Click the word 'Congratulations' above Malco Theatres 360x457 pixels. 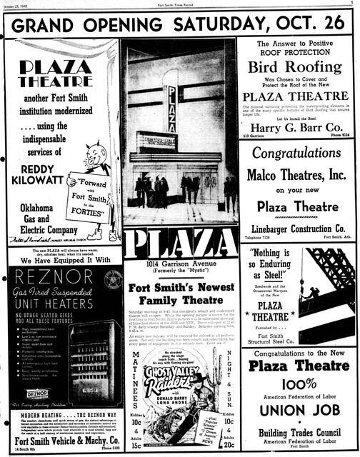(297, 153)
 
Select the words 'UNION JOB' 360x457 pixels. (298, 410)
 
